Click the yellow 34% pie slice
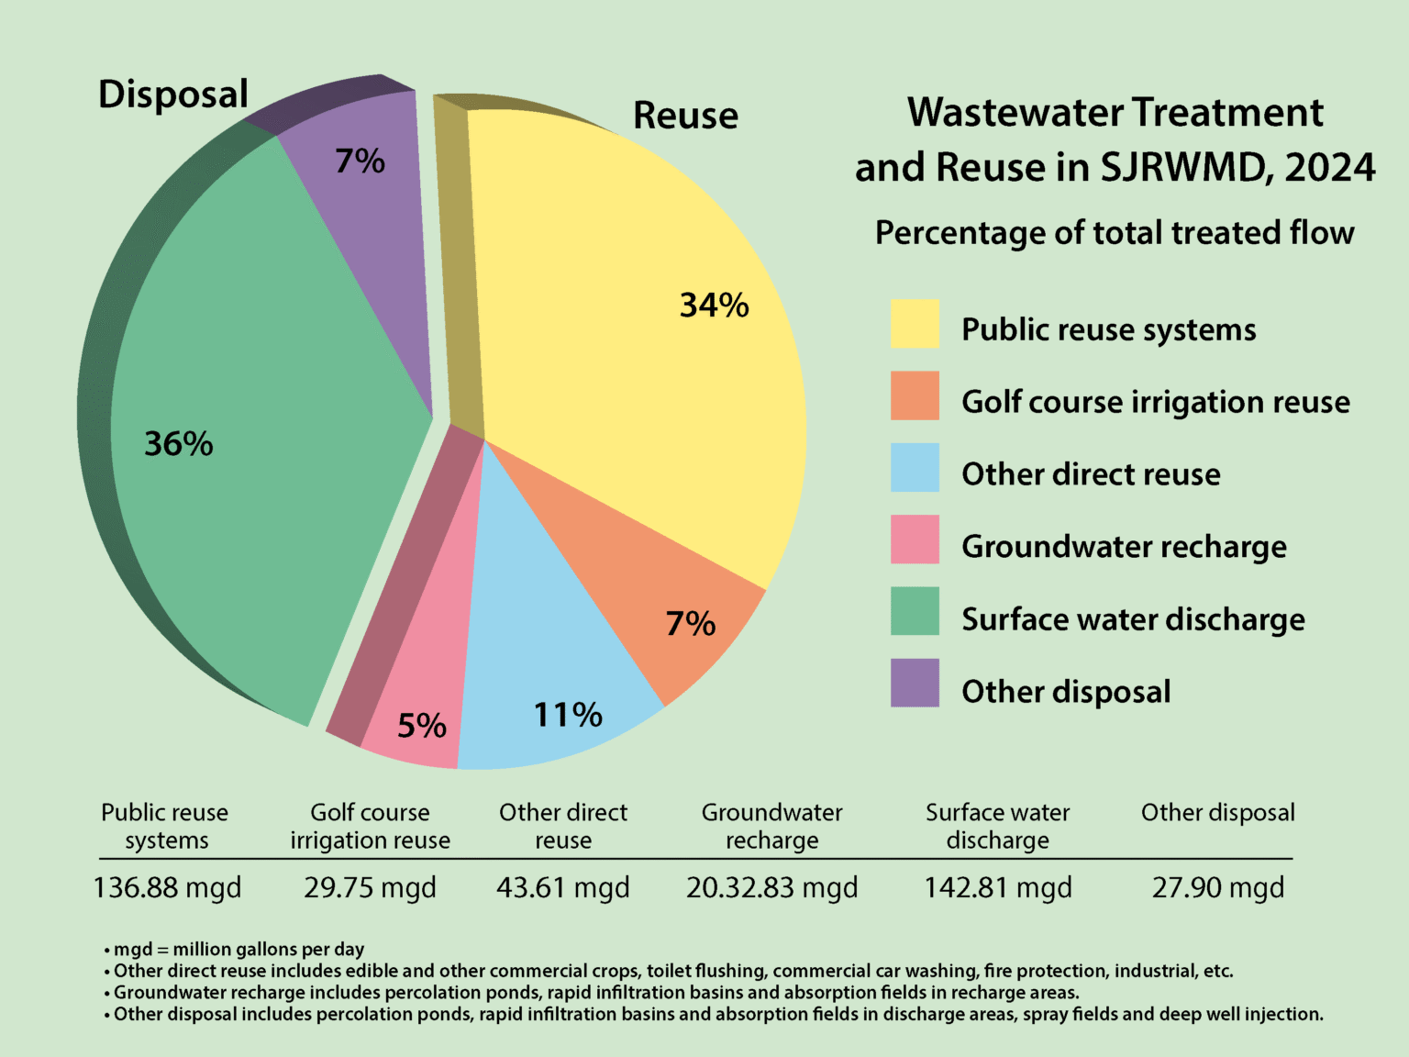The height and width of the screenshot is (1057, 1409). tap(624, 321)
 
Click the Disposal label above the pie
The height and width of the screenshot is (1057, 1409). tap(173, 95)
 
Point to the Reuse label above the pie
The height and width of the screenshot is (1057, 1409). tap(685, 116)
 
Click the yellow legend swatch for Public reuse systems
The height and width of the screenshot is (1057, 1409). tap(915, 323)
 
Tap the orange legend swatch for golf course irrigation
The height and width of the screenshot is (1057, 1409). tap(915, 395)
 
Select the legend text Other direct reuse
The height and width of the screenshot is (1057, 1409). tap(1091, 474)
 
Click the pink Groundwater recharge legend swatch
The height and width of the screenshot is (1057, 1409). tap(915, 540)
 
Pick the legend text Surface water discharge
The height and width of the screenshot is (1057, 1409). tap(1133, 619)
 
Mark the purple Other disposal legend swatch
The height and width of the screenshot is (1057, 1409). tap(915, 683)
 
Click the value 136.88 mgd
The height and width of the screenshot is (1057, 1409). tap(167, 888)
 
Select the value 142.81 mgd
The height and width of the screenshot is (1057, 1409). tap(998, 888)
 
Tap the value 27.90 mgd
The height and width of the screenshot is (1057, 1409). tap(1218, 888)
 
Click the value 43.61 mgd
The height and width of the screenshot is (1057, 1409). tap(563, 888)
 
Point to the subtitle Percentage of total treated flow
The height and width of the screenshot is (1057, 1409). tap(1115, 233)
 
